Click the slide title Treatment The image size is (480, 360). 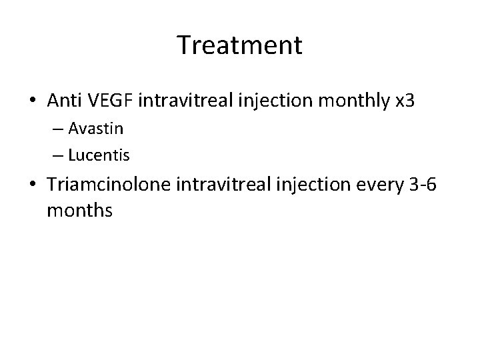(x=240, y=45)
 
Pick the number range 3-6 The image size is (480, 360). (x=421, y=187)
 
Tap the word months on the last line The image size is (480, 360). (x=80, y=211)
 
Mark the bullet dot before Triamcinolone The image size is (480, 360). (x=33, y=187)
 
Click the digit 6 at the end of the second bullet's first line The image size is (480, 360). (x=432, y=187)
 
